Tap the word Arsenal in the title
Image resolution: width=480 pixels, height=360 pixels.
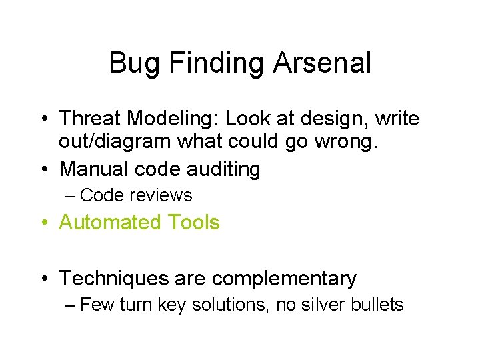tap(322, 64)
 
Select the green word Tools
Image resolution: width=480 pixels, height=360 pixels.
tap(193, 222)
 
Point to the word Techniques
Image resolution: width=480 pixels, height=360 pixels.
tap(114, 278)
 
